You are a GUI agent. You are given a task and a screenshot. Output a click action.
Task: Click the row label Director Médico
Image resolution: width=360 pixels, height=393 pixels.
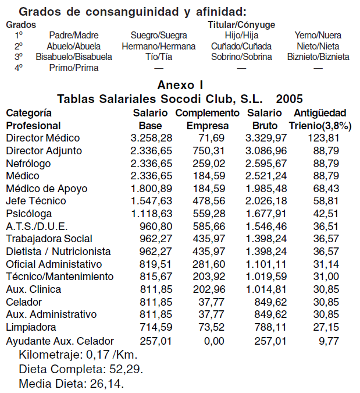click(42, 138)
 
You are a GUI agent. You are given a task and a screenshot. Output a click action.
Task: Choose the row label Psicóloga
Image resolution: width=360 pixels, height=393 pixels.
click(28, 214)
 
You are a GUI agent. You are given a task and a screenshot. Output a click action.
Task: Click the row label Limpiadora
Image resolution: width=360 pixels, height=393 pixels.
click(30, 327)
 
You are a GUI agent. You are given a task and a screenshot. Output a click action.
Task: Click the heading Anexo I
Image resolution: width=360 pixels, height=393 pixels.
click(180, 85)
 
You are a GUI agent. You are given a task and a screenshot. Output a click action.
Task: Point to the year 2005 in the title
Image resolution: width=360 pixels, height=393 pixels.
click(289, 98)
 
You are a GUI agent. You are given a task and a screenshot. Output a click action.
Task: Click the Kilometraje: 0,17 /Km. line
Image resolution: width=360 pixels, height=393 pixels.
click(79, 354)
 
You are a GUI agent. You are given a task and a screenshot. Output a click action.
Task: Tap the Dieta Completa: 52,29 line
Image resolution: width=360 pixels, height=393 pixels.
click(81, 369)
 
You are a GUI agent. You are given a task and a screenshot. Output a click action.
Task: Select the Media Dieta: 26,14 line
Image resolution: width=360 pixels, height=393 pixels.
click(72, 384)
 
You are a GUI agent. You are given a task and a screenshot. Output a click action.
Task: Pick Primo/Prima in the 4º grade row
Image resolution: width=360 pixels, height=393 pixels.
click(74, 68)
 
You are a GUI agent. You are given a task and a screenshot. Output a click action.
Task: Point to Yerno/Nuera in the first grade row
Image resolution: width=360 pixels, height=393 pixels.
click(318, 36)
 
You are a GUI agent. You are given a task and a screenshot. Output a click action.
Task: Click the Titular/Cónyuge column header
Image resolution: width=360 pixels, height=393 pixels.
click(241, 25)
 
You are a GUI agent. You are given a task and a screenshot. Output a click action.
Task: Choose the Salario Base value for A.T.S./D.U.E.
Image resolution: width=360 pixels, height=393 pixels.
click(152, 226)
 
